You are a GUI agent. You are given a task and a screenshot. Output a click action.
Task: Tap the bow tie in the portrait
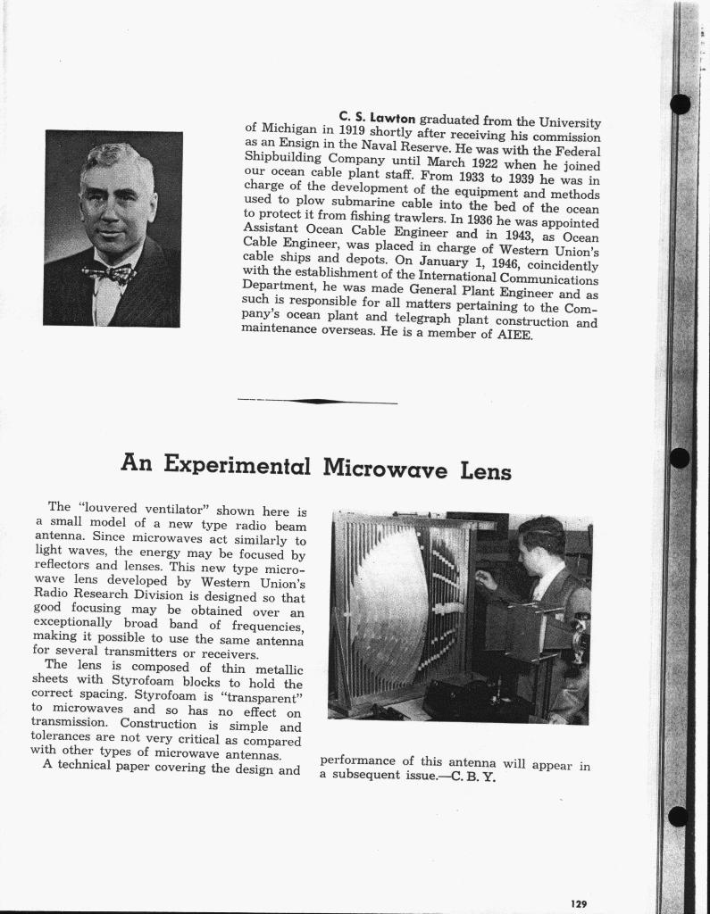tap(108, 271)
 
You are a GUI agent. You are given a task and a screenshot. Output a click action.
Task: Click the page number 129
tap(579, 903)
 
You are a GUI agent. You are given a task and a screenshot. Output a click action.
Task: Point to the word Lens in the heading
tap(486, 469)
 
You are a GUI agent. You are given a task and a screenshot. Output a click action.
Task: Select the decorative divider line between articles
tap(318, 401)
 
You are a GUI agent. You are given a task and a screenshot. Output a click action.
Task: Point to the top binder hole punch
tap(680, 104)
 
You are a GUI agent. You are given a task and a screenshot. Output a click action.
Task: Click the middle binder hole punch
tap(679, 458)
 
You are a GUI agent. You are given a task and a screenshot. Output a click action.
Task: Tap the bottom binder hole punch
tap(679, 816)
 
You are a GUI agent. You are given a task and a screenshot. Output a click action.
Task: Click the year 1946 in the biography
tap(496, 265)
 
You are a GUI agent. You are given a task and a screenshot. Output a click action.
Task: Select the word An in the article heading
tap(138, 463)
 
